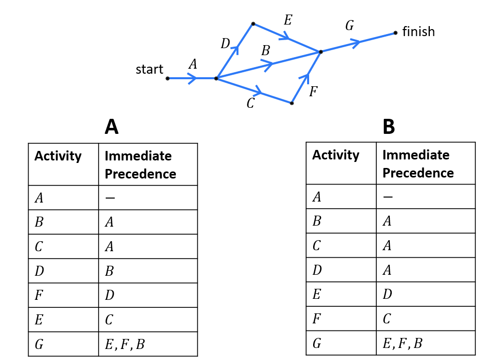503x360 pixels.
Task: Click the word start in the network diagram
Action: tap(149, 69)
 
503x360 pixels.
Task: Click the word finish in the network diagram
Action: tap(418, 32)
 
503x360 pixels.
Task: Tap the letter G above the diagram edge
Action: tap(349, 26)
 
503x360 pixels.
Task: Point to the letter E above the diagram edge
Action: tap(288, 20)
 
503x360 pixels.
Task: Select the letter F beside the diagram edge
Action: tap(313, 92)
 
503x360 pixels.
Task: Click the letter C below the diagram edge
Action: tap(250, 103)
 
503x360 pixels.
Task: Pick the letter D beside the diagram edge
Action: tap(225, 44)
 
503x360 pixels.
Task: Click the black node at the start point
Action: tap(167, 78)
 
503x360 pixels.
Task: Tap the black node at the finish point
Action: tap(396, 33)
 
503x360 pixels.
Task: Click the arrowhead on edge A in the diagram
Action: tap(193, 78)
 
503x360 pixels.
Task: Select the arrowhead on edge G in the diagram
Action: tap(355, 43)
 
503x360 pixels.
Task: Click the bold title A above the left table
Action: tap(111, 127)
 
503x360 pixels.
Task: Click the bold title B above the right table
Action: tap(389, 127)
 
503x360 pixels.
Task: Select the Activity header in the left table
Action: tap(58, 156)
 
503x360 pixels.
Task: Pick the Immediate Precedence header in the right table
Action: tap(418, 164)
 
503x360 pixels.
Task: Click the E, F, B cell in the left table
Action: tap(125, 344)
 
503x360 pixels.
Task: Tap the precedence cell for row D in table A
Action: tap(109, 271)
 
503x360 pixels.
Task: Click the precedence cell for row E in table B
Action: tap(387, 294)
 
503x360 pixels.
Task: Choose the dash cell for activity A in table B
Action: tap(387, 197)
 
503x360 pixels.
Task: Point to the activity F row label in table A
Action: tap(39, 295)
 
